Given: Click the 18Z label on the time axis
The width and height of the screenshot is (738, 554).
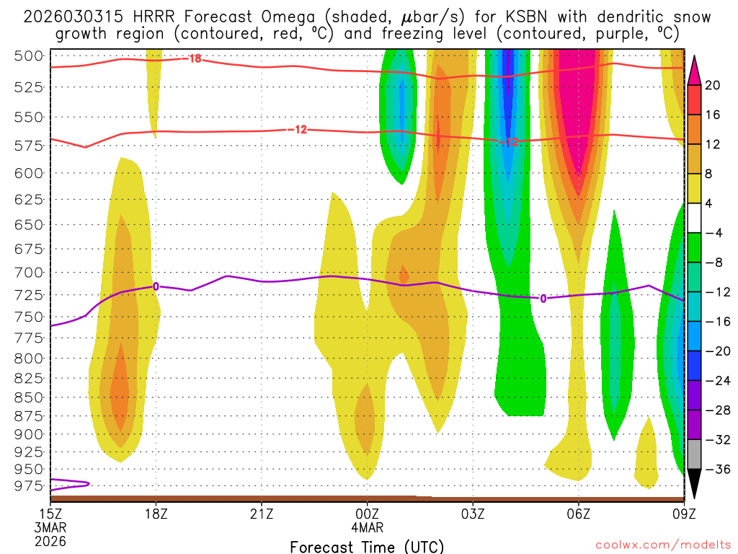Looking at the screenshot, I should coord(156,514).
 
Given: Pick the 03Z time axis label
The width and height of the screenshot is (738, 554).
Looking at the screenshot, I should coord(473,514).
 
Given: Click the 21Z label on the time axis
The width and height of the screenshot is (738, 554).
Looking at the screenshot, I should coord(262,514).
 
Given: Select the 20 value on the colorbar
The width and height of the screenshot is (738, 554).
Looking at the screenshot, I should coord(713,85).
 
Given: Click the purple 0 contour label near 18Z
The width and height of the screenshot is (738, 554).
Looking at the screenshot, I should coord(156,286).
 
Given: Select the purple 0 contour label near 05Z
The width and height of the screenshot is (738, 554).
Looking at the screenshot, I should coord(543,297).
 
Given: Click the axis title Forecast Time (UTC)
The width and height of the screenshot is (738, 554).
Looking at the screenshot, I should coord(367,546).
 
